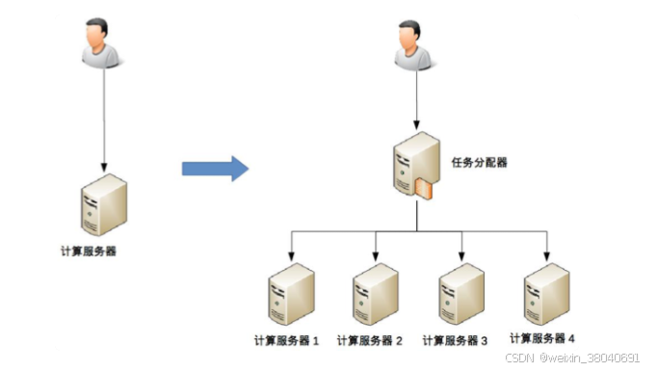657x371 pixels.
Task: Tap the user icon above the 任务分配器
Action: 415,44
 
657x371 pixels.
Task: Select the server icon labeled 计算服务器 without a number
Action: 103,204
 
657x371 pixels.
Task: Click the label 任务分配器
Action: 479,163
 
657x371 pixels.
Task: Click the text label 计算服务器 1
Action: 286,340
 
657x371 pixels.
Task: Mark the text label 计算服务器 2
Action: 371,340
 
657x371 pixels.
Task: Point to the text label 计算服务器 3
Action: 456,340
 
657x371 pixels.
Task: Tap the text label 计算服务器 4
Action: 542,338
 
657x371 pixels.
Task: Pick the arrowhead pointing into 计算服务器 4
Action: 547,257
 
